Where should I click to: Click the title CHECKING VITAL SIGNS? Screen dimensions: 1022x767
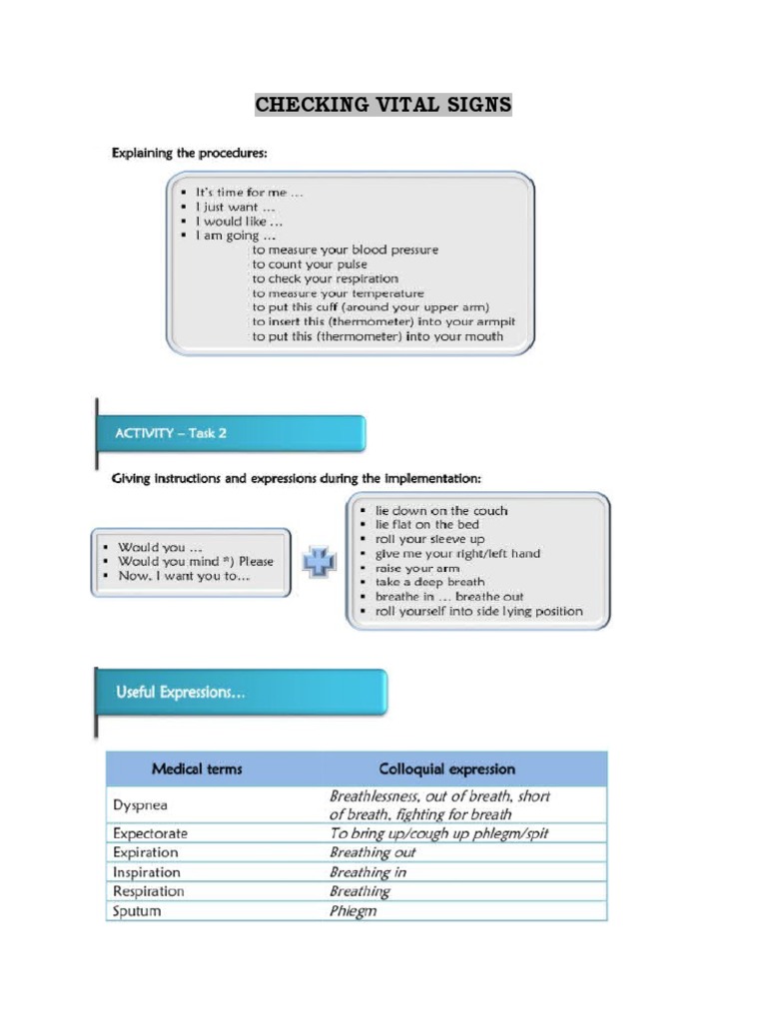pos(383,105)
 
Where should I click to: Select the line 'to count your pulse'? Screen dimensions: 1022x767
pos(310,264)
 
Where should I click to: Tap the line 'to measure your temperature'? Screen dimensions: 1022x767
pos(338,293)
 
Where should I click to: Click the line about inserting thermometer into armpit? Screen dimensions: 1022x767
pos(383,322)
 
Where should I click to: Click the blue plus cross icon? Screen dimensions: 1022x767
pos(320,561)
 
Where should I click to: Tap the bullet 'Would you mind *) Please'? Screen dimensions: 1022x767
pos(195,561)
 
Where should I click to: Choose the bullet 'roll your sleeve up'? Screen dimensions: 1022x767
pos(429,539)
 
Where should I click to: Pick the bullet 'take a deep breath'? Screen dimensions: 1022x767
pos(429,582)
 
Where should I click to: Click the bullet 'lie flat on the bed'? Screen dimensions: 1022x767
pos(426,525)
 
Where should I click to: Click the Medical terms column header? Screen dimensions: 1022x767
pos(197,769)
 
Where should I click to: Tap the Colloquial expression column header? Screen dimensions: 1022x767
pos(446,769)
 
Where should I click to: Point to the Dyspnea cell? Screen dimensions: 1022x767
pos(141,804)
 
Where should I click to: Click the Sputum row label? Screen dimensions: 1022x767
pos(137,911)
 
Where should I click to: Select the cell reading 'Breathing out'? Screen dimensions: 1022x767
pos(373,852)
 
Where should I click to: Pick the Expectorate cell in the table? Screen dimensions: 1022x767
pos(150,833)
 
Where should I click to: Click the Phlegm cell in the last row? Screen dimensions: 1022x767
pos(354,911)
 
